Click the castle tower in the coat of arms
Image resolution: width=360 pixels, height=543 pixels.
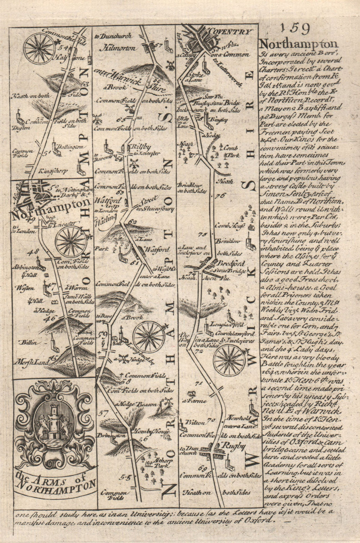pos(54,419)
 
